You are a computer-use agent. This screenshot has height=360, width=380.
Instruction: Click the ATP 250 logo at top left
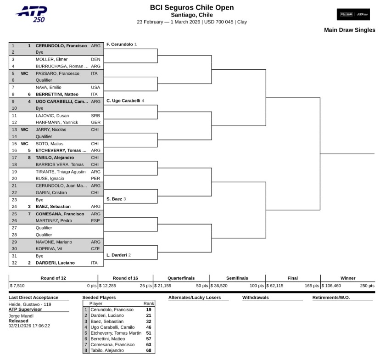(31, 14)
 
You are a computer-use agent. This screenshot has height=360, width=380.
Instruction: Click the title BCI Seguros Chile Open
(191, 7)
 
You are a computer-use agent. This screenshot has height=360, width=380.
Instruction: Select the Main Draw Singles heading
(349, 30)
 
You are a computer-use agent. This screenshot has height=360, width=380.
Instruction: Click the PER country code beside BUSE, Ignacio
(95, 178)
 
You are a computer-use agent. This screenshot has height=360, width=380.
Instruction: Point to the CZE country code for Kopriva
(95, 248)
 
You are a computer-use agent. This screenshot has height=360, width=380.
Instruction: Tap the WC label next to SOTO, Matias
(25, 143)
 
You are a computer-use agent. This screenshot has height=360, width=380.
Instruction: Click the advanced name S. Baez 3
(116, 199)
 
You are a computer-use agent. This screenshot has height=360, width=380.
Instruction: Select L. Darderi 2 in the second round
(118, 255)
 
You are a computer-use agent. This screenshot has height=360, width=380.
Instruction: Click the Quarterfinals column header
(181, 278)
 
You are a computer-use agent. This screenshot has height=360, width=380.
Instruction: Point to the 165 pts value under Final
(312, 285)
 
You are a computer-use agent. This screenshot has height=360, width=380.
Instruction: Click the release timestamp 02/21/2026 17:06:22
(29, 326)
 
